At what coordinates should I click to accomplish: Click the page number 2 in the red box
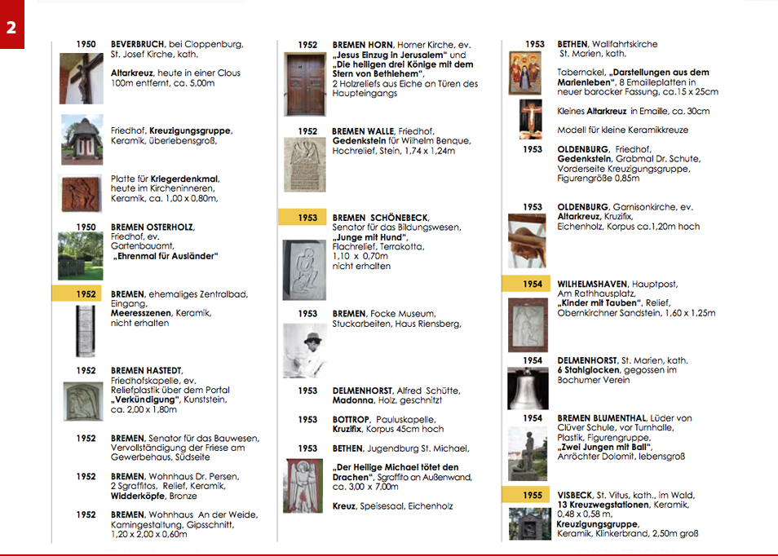(11, 26)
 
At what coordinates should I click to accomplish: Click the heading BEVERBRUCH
(137, 44)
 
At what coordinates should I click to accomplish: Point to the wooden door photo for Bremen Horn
(305, 83)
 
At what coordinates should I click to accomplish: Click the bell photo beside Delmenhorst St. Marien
(528, 389)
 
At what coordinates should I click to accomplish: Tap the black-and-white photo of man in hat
(305, 349)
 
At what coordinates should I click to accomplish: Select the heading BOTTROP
(351, 420)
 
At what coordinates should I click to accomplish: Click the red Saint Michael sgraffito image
(303, 486)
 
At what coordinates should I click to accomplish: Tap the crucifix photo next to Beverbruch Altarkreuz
(82, 78)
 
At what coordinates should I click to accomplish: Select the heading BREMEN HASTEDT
(147, 370)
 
